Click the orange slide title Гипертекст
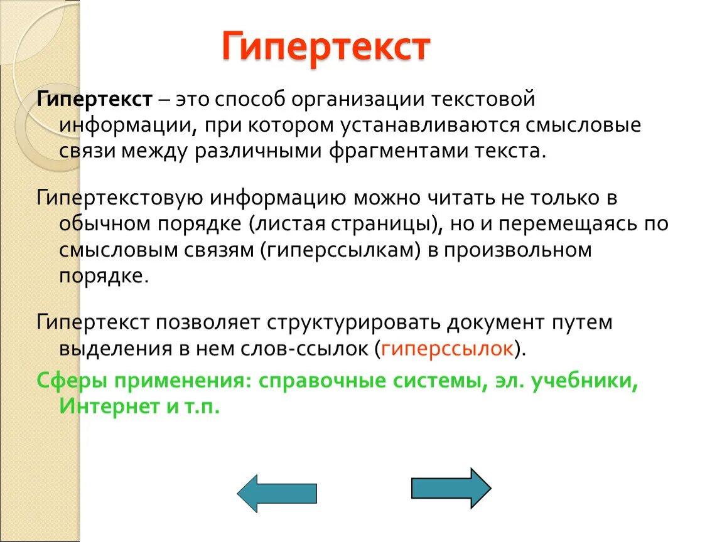[x=326, y=47]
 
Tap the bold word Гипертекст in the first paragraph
[x=95, y=99]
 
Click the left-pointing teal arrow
[x=277, y=493]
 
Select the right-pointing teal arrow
[x=450, y=488]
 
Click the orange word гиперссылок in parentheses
[x=447, y=349]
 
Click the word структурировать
[x=355, y=323]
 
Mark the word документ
[x=498, y=323]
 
